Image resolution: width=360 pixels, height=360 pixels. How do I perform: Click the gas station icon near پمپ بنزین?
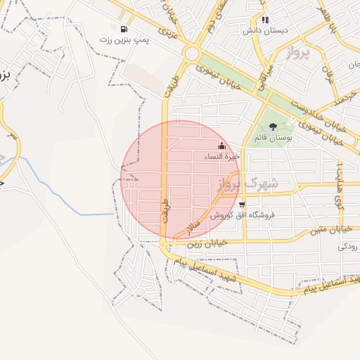coord(124,30)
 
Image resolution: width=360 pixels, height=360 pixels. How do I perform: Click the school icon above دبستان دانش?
coord(265,20)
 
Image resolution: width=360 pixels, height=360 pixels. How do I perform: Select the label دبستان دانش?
coord(266,31)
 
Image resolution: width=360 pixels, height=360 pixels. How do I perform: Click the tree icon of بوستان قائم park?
coord(273,127)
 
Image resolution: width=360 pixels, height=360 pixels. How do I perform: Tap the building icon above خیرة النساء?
coord(222,146)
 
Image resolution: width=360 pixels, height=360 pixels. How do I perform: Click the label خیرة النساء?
coord(222,156)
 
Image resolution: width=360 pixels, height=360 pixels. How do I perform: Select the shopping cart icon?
coord(242,205)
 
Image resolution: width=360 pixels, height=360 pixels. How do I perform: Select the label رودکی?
coord(348,247)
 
